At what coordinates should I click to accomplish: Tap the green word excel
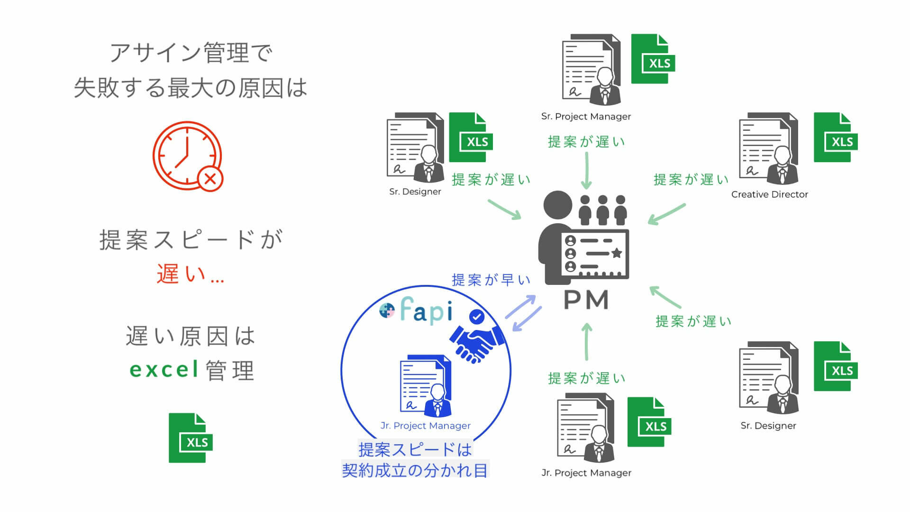164,370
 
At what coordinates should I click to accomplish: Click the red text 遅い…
190,274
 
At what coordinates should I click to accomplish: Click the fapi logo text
426,311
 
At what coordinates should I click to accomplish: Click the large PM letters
586,300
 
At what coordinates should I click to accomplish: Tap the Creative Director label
769,194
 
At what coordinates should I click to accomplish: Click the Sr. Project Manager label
586,117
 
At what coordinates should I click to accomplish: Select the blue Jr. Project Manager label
425,426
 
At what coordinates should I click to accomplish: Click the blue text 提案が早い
491,280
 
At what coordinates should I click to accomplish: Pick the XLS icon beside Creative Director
836,137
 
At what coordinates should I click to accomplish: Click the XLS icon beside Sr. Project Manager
653,59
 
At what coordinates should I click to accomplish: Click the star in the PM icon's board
617,253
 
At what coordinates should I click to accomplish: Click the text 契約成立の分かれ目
415,470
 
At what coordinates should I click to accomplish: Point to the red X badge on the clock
210,179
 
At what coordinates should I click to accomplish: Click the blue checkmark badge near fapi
476,316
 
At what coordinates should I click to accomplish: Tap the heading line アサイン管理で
191,53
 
